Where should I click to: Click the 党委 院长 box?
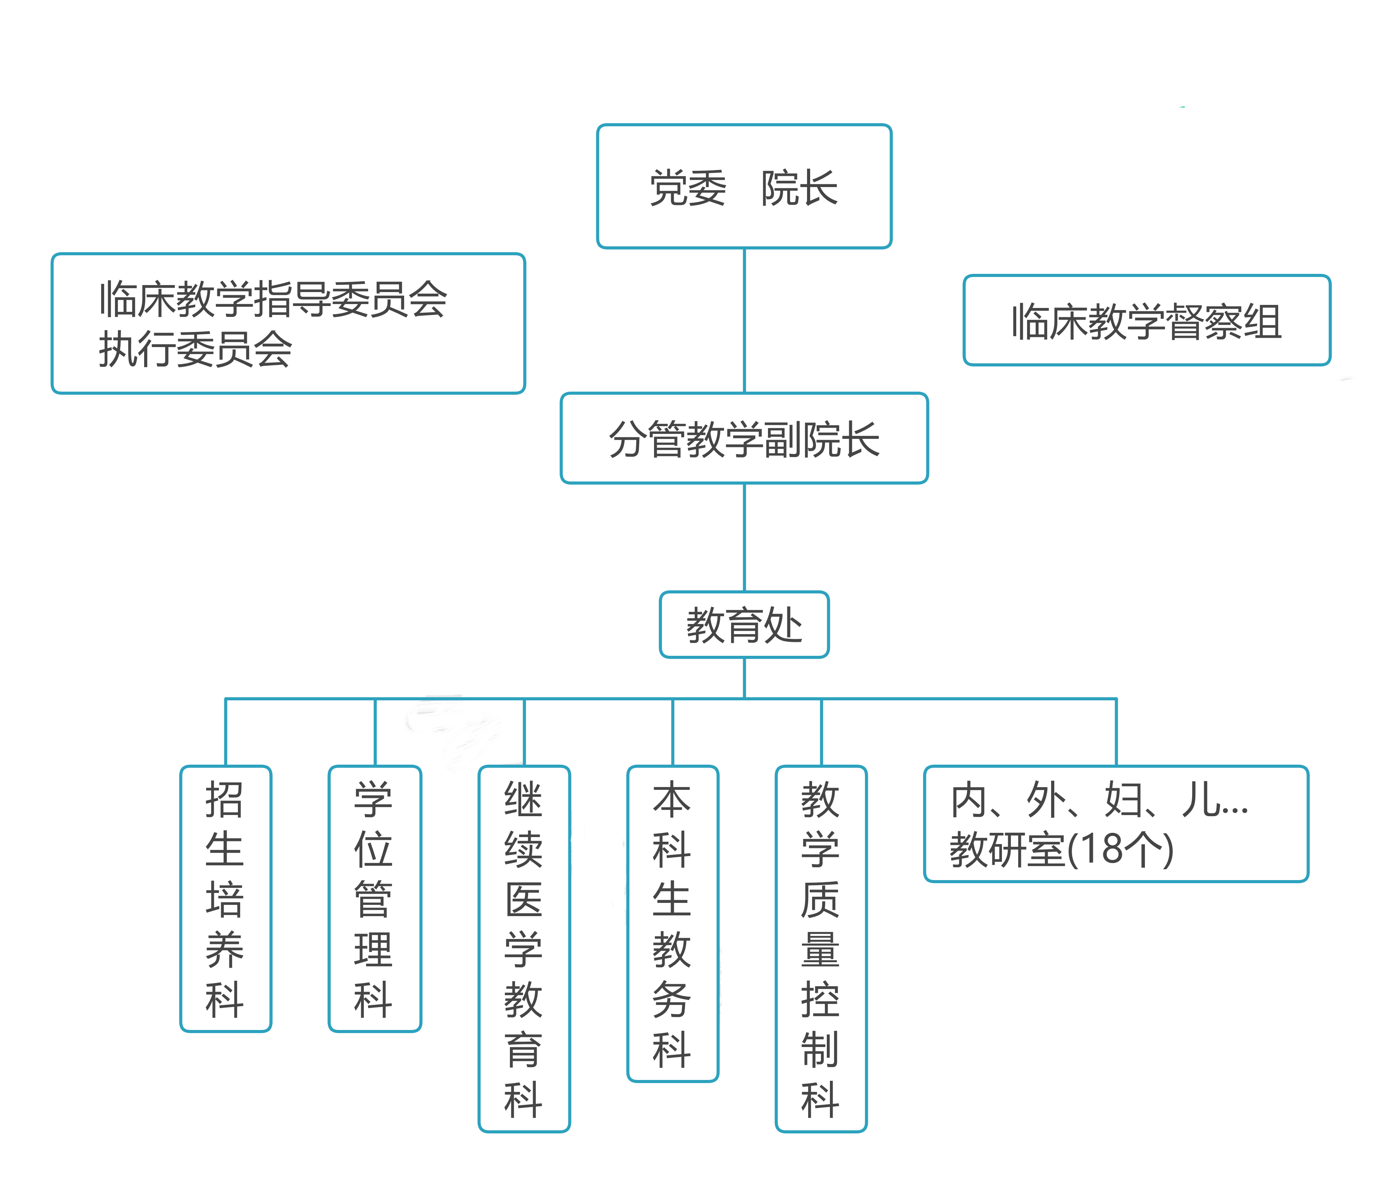[x=744, y=186]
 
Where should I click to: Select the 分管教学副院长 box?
[x=744, y=438]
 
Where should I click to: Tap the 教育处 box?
[x=744, y=625]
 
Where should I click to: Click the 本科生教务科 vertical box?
[x=672, y=923]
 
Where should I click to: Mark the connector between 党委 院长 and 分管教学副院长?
[x=744, y=320]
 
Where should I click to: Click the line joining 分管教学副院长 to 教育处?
[x=744, y=537]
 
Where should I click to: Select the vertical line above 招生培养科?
[x=225, y=732]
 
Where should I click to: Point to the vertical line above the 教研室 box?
[x=1116, y=732]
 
